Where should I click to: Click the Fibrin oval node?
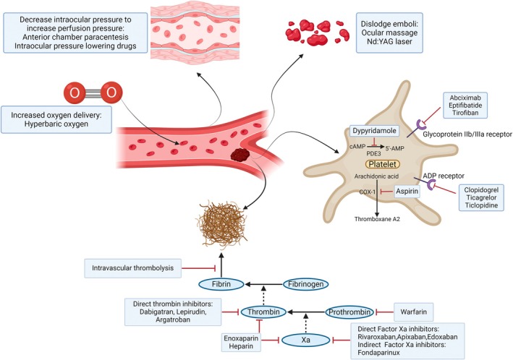[221, 284]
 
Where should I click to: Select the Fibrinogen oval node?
[305, 284]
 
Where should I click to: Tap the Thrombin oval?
[263, 312]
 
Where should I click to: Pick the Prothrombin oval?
[349, 312]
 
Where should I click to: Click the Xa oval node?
[305, 340]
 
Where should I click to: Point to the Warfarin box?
[414, 312]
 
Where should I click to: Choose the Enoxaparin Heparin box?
[241, 342]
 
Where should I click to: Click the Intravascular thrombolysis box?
[133, 268]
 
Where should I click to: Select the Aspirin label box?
[407, 192]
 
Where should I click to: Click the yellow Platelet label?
[383, 164]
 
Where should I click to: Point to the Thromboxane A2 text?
[377, 219]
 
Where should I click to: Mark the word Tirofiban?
[465, 113]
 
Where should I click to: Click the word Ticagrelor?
[481, 197]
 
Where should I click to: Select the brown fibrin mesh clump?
[221, 226]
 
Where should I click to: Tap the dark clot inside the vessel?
[240, 154]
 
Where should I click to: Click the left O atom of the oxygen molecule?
[75, 93]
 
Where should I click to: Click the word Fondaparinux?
[378, 353]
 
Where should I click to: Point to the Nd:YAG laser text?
[389, 41]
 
